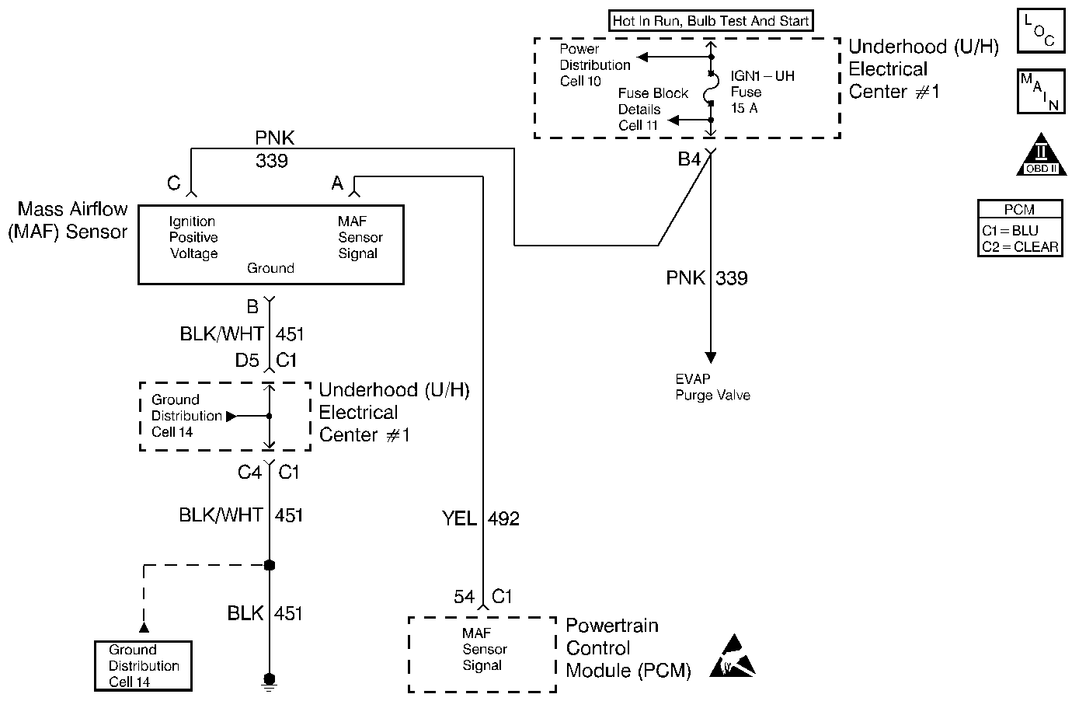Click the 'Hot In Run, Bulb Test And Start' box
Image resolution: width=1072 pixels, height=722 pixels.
point(711,21)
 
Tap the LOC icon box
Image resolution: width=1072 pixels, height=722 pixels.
point(1040,31)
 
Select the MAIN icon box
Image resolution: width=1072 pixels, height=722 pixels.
point(1040,92)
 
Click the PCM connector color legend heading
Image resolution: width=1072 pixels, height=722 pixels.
point(1019,209)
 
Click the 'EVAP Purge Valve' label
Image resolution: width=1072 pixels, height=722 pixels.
point(712,387)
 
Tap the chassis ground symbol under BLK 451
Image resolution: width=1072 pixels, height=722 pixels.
point(270,682)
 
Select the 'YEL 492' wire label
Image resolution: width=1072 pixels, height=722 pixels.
point(481,518)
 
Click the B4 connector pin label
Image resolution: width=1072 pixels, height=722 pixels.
point(689,159)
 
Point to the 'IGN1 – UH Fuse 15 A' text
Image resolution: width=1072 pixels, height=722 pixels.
point(761,92)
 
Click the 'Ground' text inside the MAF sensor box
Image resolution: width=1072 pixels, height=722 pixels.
point(270,268)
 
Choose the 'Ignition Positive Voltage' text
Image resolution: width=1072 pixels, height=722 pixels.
point(193,237)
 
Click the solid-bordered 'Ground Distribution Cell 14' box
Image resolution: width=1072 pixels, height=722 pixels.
point(143,666)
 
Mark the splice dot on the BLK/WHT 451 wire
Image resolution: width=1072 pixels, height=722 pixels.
point(270,565)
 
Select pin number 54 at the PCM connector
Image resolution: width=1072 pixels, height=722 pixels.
point(464,596)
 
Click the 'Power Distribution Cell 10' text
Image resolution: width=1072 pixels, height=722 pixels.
point(594,65)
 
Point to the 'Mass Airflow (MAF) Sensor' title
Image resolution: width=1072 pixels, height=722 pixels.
point(68,220)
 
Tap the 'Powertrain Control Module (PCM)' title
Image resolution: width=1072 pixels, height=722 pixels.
point(628,648)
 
